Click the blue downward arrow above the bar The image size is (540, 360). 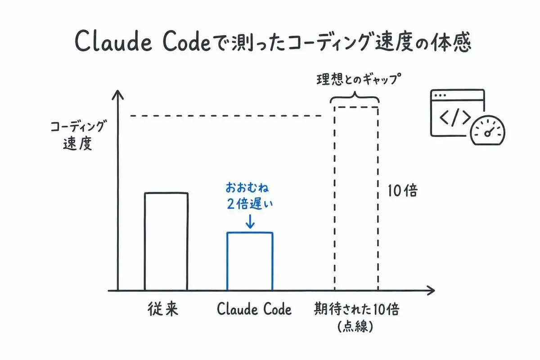coord(250,221)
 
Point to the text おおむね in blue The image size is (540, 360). coord(247,188)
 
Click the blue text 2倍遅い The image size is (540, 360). coord(250,204)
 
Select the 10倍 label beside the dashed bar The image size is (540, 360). coord(402,191)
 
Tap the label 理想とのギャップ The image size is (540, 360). coord(359,79)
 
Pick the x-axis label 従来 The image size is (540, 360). coord(163,309)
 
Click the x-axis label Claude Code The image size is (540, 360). coord(254,309)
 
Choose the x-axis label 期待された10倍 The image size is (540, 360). coord(356,309)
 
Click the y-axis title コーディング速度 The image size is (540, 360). coord(77,135)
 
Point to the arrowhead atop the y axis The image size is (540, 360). coord(117,94)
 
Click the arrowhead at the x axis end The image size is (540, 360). coord(431,290)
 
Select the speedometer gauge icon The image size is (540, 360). coord(488,130)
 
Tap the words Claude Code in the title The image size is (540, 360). coord(143,40)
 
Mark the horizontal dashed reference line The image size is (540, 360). coord(225,116)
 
